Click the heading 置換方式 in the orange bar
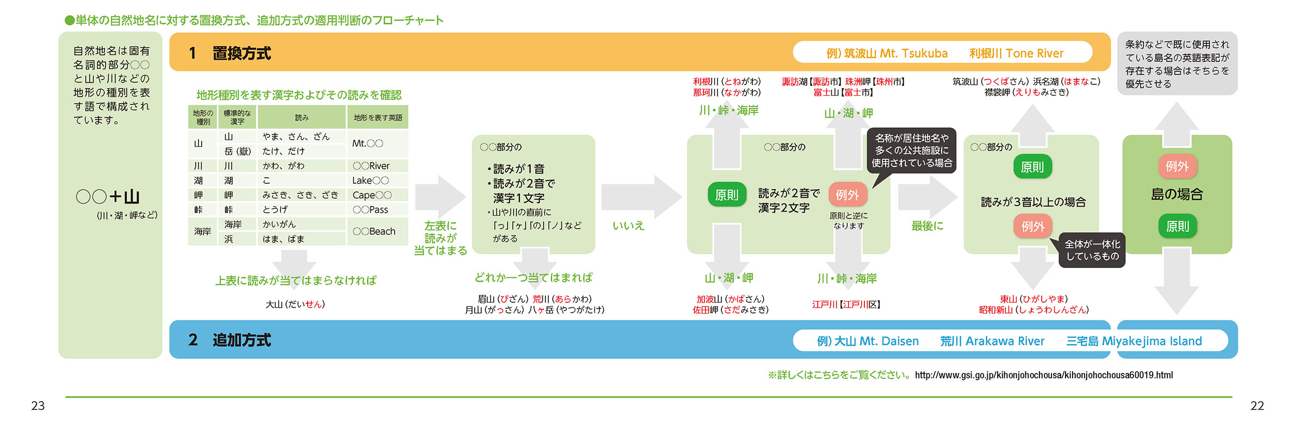[241, 53]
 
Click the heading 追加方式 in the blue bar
[241, 340]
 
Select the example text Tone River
[1034, 53]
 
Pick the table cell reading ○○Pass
[370, 210]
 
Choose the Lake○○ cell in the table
[370, 180]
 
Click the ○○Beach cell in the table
[374, 232]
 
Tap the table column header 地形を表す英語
[378, 117]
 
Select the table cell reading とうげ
[275, 210]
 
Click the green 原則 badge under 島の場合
[1177, 226]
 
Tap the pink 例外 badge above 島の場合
[1177, 166]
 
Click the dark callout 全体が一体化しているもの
[1092, 250]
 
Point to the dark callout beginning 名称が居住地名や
[912, 151]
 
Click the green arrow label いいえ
[628, 226]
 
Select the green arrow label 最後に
[927, 226]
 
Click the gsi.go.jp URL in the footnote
[1043, 375]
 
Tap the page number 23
[38, 406]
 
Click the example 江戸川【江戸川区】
[846, 304]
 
